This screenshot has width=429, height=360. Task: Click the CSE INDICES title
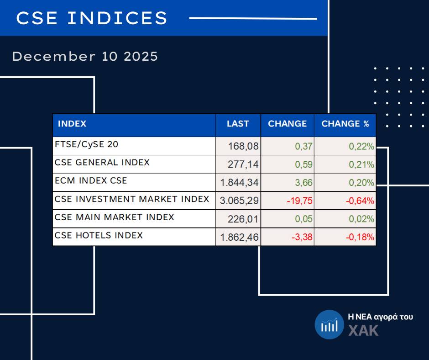point(92,18)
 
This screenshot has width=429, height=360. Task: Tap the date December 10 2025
point(85,57)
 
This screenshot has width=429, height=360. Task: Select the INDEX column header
point(72,124)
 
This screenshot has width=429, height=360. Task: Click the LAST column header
point(238,124)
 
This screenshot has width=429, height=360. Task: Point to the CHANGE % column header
point(345,124)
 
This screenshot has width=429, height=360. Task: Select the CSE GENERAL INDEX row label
point(102,163)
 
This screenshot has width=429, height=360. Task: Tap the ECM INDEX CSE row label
point(91,181)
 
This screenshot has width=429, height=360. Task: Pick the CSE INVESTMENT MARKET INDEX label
point(132,199)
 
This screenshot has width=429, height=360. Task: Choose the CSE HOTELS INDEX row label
point(99,236)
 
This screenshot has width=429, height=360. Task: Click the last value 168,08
point(243,147)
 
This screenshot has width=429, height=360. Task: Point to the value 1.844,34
point(239,183)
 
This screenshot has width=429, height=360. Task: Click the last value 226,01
point(243,219)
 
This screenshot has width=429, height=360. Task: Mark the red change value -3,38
point(301,238)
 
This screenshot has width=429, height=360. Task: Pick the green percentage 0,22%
point(361,147)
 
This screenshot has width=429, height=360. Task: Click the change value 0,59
point(303,165)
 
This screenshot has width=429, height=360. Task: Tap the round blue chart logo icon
point(329,324)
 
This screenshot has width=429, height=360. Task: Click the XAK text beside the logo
point(363,330)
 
